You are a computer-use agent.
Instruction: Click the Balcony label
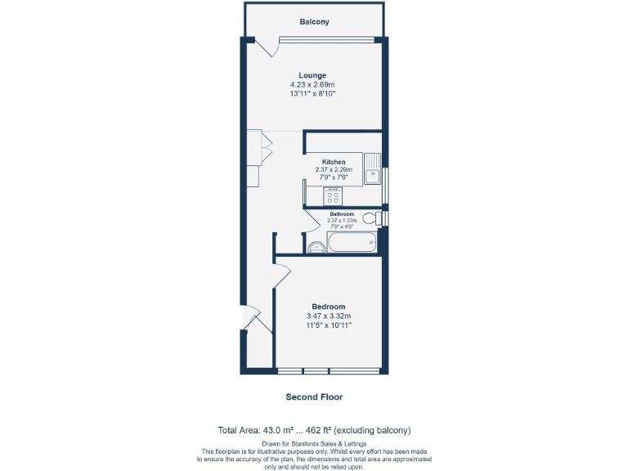coord(314,22)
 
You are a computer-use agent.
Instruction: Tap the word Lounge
coord(312,75)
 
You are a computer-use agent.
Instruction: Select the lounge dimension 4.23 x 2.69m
coord(312,84)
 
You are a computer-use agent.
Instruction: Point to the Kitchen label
coord(333,162)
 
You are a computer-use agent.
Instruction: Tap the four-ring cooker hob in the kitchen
coord(334,196)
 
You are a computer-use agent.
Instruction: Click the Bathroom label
coord(342,214)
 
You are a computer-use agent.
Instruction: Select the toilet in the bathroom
coord(372,219)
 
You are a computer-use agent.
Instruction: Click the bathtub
coord(352,242)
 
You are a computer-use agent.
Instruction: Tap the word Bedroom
coord(328,307)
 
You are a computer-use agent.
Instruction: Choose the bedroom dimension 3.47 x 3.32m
coord(328,316)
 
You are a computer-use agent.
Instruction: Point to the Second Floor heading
coord(314,397)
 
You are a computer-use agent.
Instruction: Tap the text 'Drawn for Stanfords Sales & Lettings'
coord(314,442)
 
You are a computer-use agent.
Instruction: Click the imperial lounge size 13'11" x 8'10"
coord(312,94)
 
